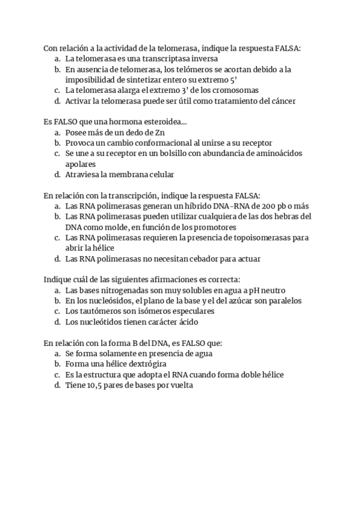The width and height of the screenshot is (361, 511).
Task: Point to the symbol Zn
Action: [159, 133]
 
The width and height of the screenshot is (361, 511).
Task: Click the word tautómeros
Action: [99, 311]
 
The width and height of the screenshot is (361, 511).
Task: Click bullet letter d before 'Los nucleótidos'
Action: [57, 322]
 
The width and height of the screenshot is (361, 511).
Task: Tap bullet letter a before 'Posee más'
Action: [57, 133]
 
